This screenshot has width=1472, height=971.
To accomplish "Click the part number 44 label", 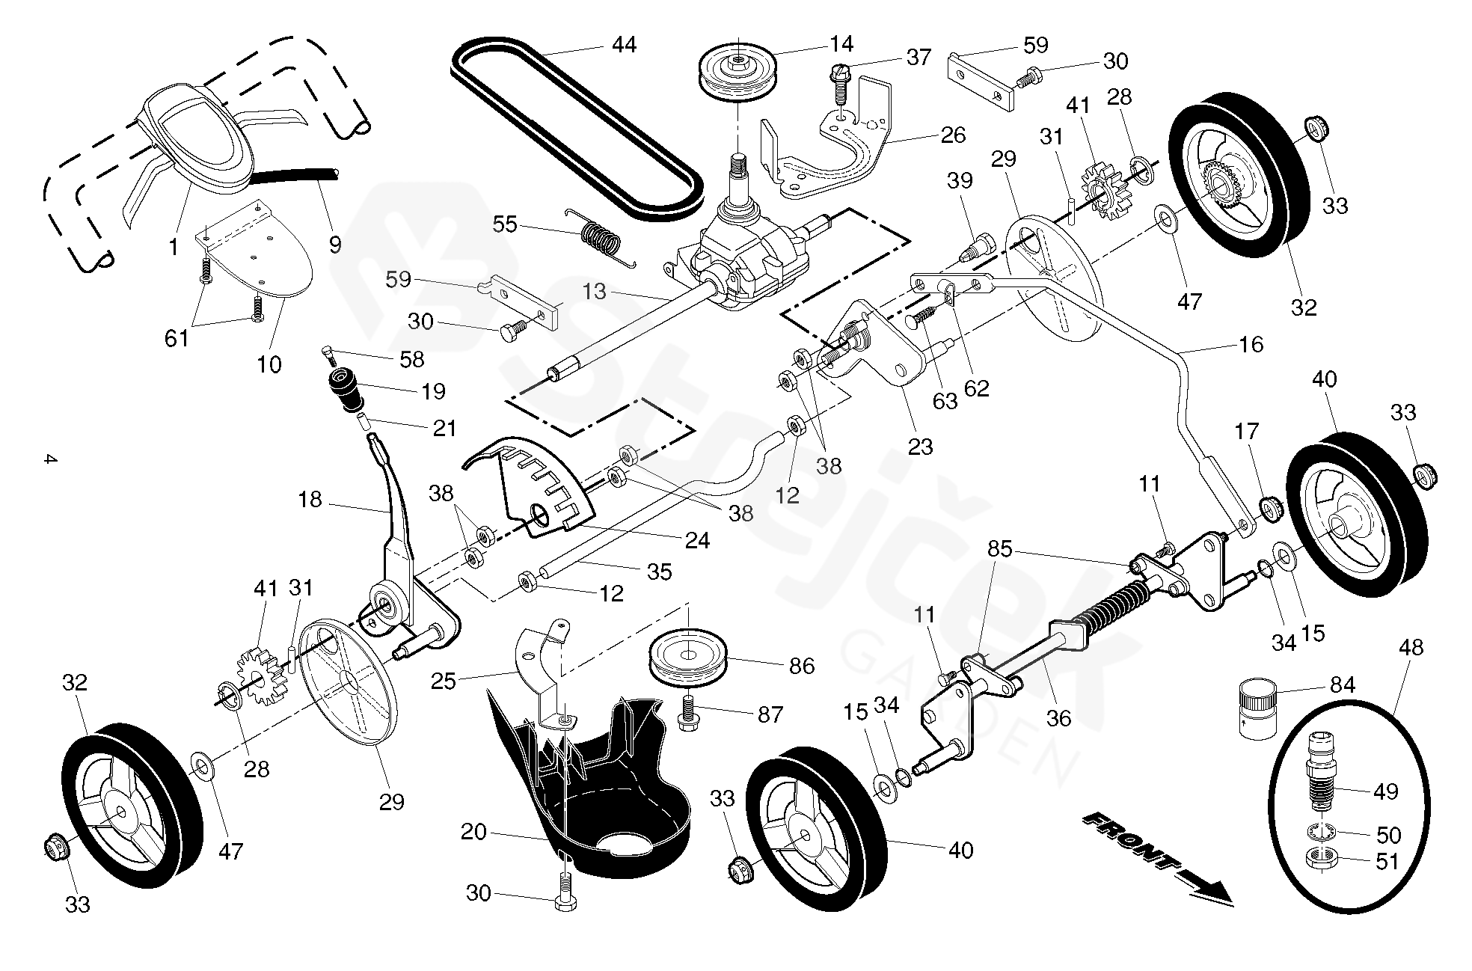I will [x=623, y=46].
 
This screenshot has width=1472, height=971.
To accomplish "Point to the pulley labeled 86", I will [x=689, y=658].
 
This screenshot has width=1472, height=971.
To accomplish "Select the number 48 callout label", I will [x=1411, y=648].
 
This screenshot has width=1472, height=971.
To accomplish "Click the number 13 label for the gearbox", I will [x=595, y=292].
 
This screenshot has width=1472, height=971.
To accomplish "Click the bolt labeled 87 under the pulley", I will [x=687, y=714].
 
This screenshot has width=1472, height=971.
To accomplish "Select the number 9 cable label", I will [x=335, y=244].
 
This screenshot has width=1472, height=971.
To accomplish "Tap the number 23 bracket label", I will [x=920, y=447].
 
